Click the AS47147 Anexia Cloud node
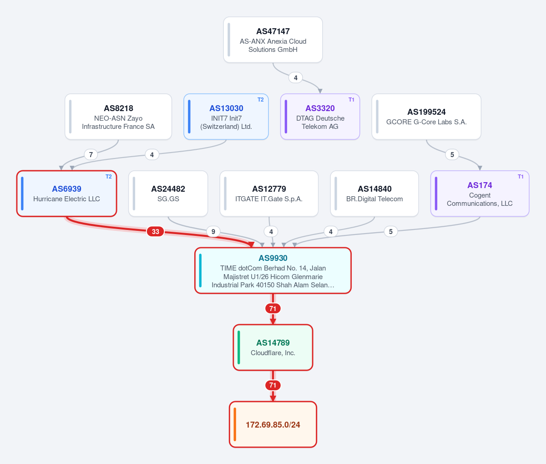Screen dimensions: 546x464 273,40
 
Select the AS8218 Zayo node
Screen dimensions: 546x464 118,117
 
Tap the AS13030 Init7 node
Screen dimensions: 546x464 226,117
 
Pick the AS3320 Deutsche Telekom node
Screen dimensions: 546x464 320,117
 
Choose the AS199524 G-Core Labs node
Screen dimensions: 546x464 426,117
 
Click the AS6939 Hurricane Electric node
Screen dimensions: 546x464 66,194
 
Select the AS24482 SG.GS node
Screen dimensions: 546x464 168,194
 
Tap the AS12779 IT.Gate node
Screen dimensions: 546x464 269,194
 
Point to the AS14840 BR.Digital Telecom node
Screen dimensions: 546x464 374,194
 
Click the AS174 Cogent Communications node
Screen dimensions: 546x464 480,194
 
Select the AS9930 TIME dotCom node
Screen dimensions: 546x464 273,270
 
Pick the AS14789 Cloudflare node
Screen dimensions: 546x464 273,347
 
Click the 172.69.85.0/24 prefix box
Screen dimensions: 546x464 273,424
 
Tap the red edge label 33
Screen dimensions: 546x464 155,232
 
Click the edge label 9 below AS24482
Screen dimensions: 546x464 213,232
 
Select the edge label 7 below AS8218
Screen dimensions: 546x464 91,154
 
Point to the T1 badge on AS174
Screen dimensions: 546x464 521,177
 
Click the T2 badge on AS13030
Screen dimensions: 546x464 260,100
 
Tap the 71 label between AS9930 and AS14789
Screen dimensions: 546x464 273,309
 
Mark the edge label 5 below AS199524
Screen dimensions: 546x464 452,154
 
